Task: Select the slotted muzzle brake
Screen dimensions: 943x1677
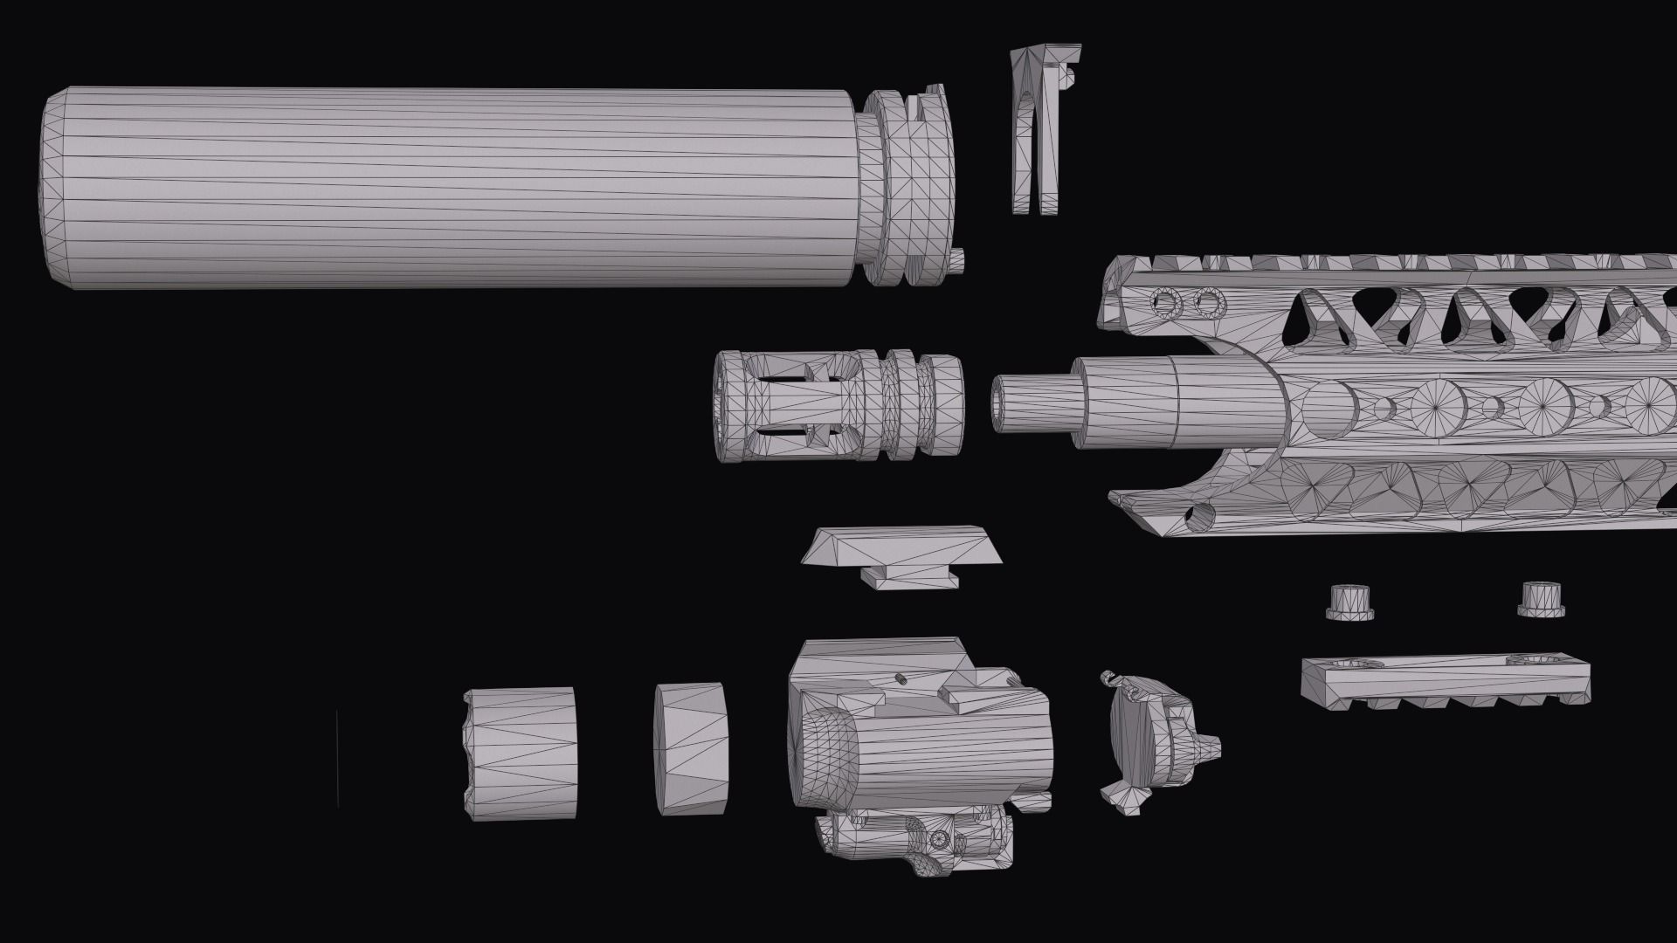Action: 838,406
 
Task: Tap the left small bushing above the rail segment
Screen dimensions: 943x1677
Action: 1350,602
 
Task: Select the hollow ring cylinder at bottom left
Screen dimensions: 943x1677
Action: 521,753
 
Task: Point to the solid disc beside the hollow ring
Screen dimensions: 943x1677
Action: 691,748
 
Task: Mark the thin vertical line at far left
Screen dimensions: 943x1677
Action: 337,758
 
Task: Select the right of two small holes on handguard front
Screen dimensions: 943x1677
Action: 1208,304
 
